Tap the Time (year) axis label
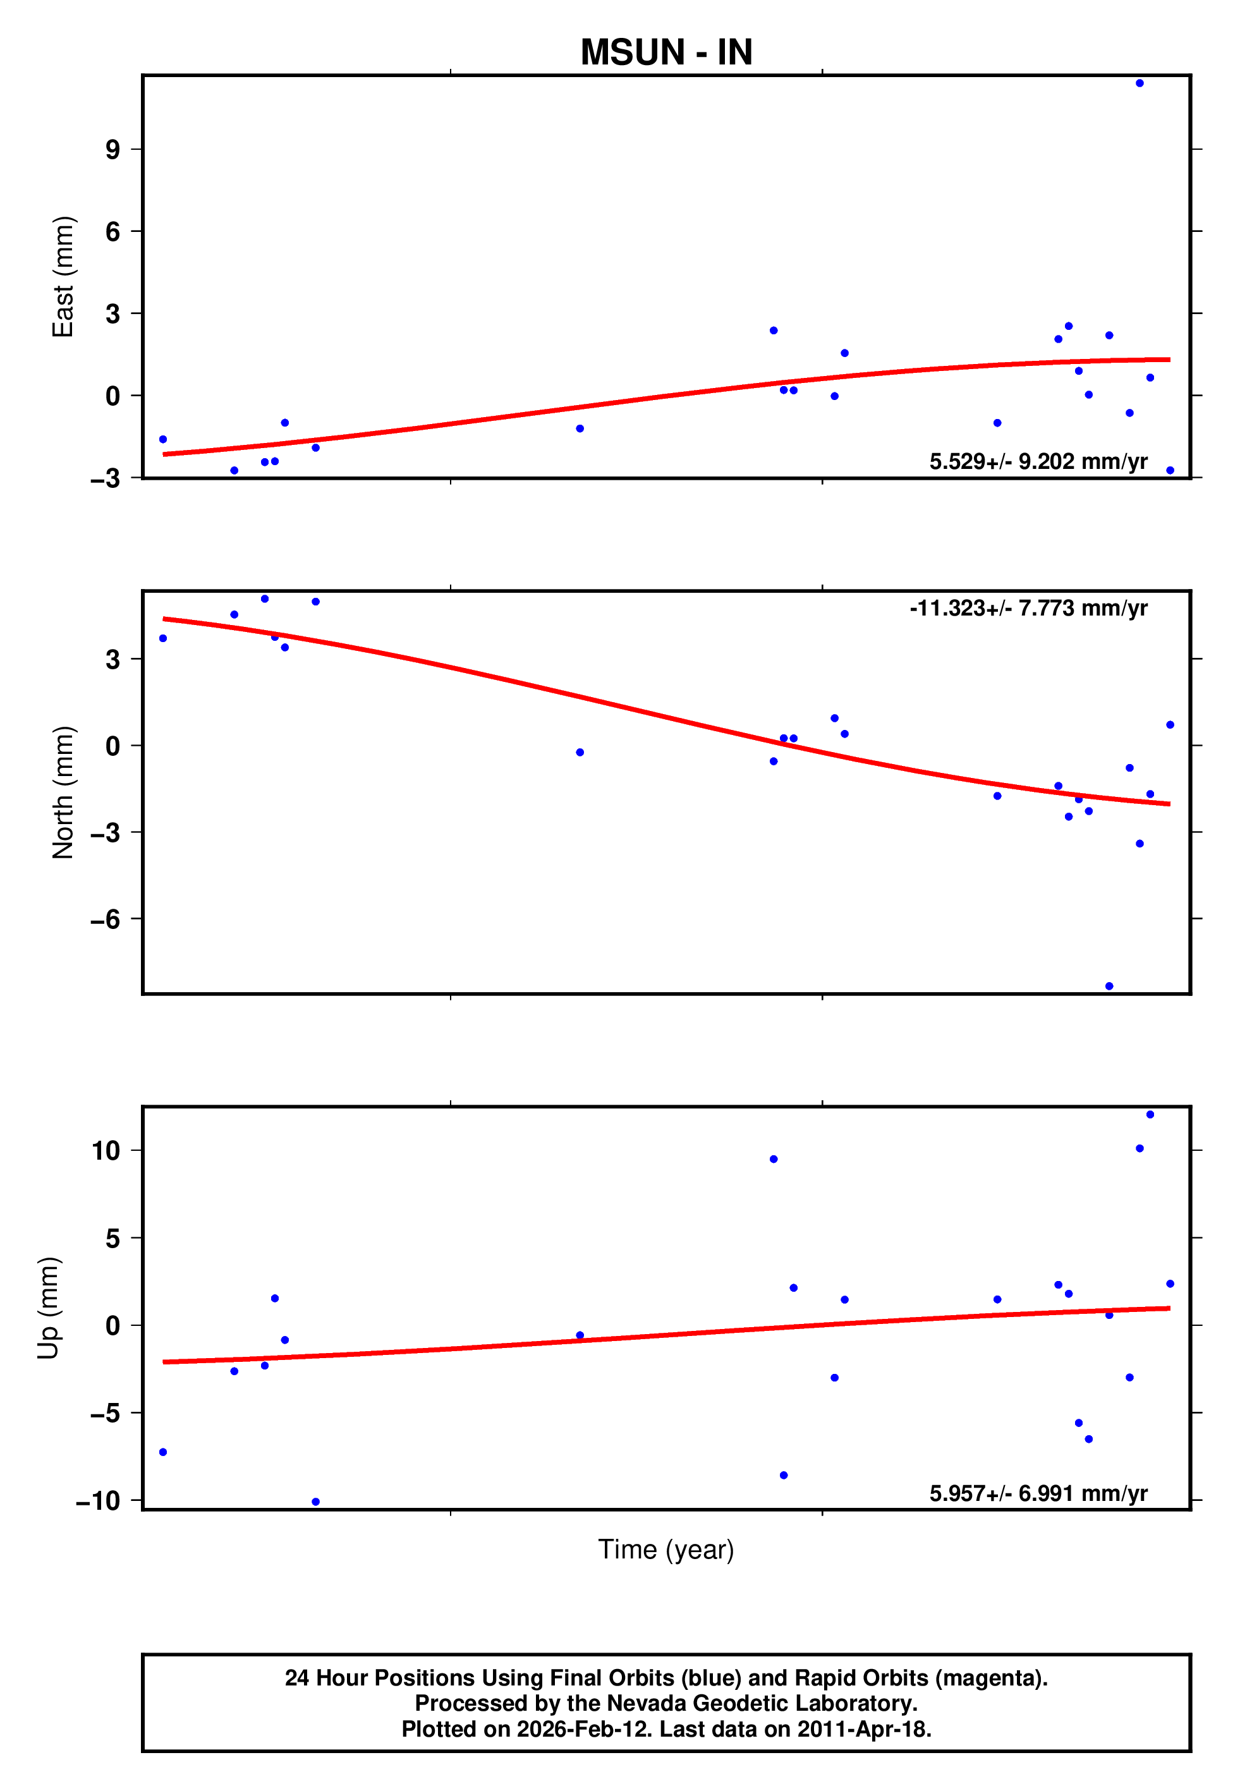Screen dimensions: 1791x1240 (x=666, y=1550)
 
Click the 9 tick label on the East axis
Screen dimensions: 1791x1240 (x=113, y=149)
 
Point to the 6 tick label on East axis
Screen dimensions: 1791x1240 (x=113, y=231)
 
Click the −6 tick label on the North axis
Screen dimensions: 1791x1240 (x=106, y=919)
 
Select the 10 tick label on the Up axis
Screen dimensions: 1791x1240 (x=106, y=1150)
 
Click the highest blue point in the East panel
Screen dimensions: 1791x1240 (x=1140, y=83)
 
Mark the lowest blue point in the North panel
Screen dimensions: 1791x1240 (x=1109, y=987)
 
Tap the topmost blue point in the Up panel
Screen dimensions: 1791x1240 (x=1150, y=1115)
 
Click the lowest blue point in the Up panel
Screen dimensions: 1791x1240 (x=315, y=1502)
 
